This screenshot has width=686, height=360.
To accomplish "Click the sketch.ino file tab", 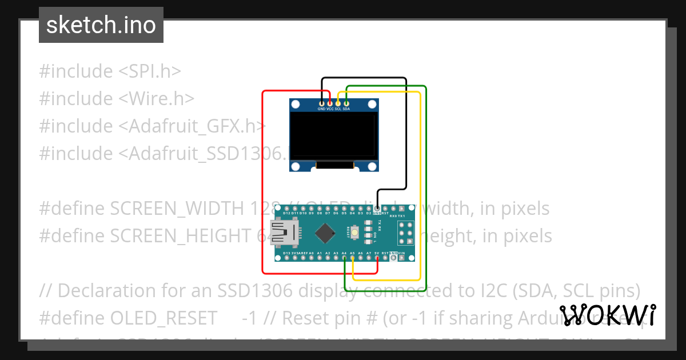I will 101,25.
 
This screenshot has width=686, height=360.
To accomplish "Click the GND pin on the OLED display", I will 321,103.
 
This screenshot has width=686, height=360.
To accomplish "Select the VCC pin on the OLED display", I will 330,103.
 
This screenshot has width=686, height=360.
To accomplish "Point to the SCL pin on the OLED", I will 338,103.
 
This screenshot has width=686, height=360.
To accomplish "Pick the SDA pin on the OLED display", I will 346,103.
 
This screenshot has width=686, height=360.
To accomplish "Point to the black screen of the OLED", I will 334,135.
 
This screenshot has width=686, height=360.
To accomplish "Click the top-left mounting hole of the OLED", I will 296,105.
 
